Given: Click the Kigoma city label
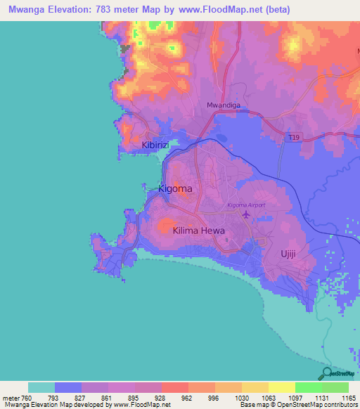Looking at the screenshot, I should click(175, 189).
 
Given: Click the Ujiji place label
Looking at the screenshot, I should click(291, 254).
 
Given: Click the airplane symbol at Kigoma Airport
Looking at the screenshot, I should click(245, 214).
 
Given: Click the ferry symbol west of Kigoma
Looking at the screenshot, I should click(144, 187).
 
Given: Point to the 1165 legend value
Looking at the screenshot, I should click(347, 397).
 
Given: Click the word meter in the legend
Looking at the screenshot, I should click(13, 397).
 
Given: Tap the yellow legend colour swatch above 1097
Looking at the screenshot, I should click(281, 387).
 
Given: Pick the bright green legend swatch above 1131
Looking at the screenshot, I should click(308, 387).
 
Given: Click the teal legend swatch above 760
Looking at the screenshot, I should click(41, 387).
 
